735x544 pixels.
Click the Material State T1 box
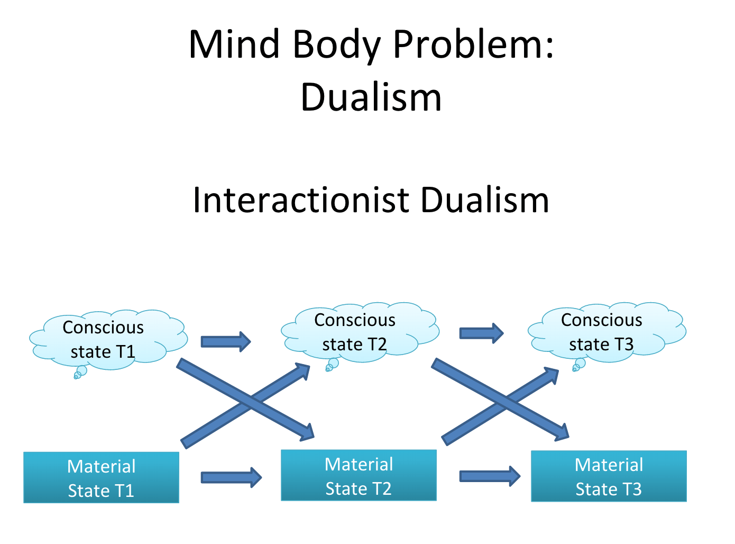[101, 477]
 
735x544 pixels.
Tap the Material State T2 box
[359, 475]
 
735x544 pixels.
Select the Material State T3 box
[609, 476]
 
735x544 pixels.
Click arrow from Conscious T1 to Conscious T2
[225, 341]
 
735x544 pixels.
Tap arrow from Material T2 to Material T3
[490, 476]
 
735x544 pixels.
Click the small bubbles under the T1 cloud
[80, 373]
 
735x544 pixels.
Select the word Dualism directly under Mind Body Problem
[371, 97]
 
